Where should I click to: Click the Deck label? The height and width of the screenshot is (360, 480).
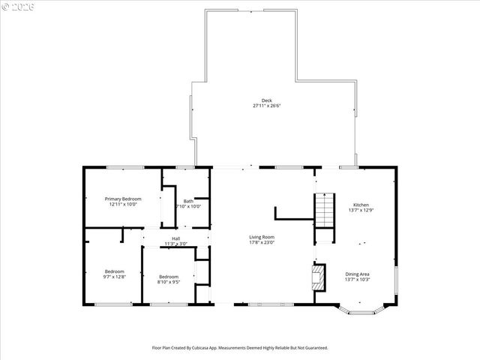tap(266, 100)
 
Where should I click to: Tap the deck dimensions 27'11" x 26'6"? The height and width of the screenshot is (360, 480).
tap(266, 106)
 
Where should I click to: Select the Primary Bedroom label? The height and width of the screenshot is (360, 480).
tap(122, 199)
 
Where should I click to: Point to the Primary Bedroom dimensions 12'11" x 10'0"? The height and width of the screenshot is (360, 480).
tap(122, 204)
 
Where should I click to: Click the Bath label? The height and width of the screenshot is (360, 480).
tap(188, 200)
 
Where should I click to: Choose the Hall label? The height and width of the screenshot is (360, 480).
tap(175, 238)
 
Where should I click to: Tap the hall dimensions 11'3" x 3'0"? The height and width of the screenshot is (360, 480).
tap(175, 244)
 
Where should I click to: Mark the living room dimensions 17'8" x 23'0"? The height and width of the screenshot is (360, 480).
tap(262, 242)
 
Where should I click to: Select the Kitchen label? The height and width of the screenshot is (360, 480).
tap(361, 205)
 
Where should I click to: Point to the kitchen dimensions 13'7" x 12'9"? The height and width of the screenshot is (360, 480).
tap(361, 210)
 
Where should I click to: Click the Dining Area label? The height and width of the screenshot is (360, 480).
tap(357, 274)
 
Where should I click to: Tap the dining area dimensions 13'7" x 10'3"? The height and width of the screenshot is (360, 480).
tap(357, 279)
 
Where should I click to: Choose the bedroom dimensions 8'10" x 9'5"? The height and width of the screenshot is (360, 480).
tap(168, 282)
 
